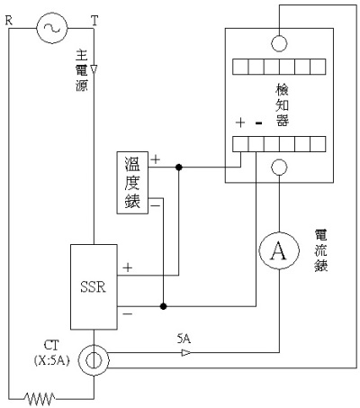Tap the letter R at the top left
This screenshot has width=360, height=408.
[x=9, y=21]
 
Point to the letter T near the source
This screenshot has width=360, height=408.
[x=94, y=21]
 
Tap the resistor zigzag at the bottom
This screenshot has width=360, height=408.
[x=40, y=399]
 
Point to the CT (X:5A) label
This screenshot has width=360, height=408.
[x=52, y=353]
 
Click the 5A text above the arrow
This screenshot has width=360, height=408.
[x=184, y=339]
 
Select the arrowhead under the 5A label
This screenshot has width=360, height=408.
[x=186, y=353]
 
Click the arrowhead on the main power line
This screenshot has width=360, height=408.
[x=94, y=69]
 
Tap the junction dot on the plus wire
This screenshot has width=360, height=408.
[x=179, y=167]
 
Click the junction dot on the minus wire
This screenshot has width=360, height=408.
[x=163, y=306]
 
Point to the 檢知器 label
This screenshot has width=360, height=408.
[x=283, y=105]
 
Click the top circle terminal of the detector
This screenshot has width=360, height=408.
[x=279, y=43]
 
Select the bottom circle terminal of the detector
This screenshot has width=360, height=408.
[x=279, y=168]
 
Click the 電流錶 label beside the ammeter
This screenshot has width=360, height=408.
[x=320, y=250]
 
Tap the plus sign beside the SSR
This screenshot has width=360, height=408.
[x=128, y=267]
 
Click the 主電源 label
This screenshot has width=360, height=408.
[x=82, y=70]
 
